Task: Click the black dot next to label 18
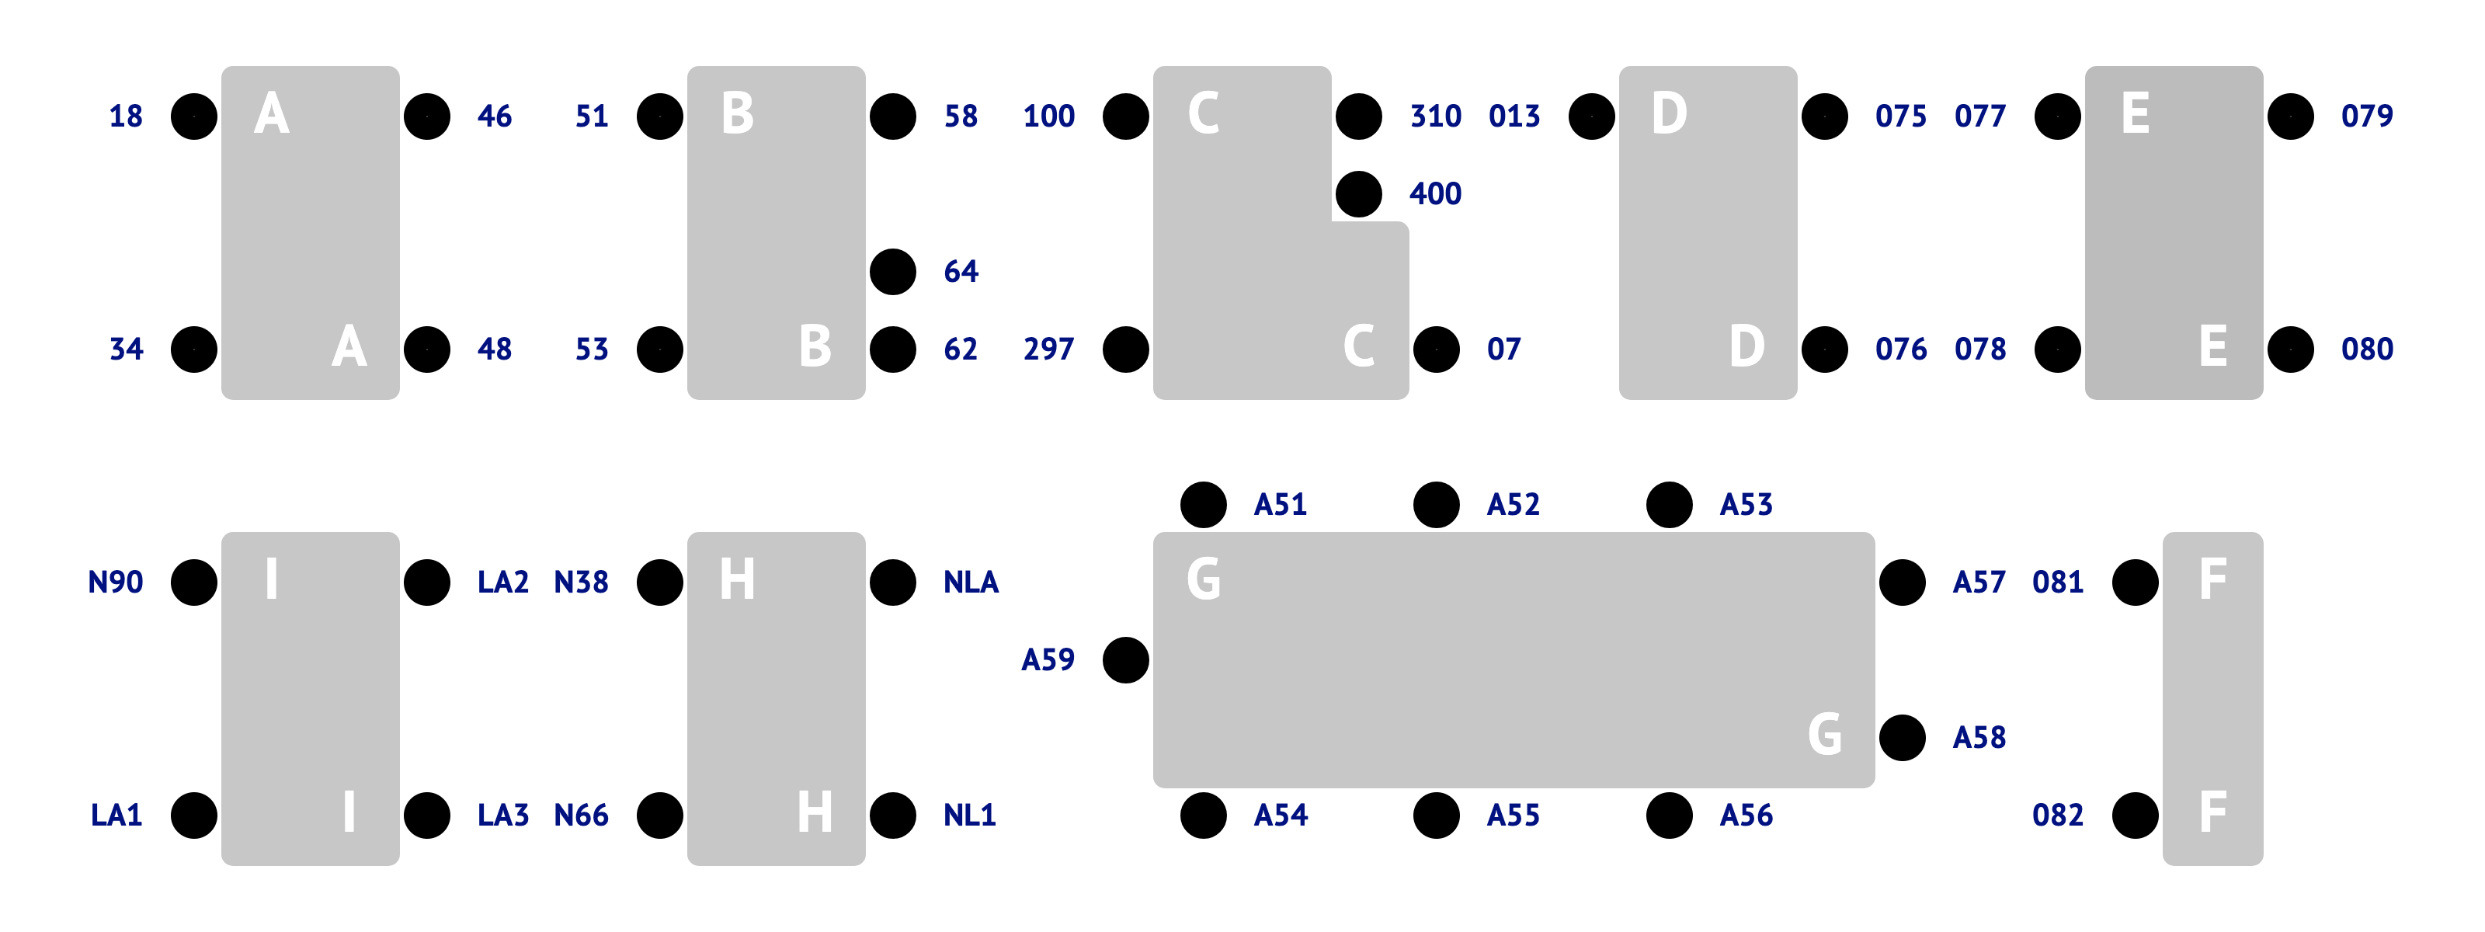[x=194, y=116]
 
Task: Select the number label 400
[x=1434, y=194]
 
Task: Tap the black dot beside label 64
[x=892, y=272]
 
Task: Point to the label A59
[x=1048, y=660]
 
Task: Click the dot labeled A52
[x=1437, y=505]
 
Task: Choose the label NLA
[x=971, y=582]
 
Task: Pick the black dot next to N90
[x=194, y=582]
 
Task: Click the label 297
[x=1048, y=349]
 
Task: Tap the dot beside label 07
[x=1437, y=349]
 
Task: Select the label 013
[x=1514, y=116]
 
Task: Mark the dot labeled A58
[x=1903, y=738]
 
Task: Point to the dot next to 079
[x=2290, y=116]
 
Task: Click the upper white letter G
[x=1203, y=580]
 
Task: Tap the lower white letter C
[x=1358, y=346]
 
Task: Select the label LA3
[x=502, y=816]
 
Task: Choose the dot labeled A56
[x=1669, y=816]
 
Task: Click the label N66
[x=581, y=816]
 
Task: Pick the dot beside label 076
[x=1824, y=349]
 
